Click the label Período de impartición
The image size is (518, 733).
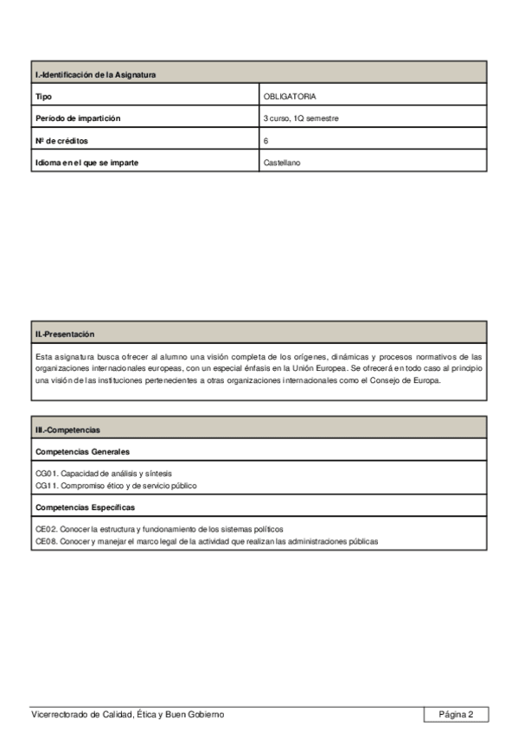78,118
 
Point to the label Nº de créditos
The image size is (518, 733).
62,140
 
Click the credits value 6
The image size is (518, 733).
266,140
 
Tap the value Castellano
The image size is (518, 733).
282,162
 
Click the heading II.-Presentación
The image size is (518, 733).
65,334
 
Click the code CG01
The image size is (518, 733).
46,474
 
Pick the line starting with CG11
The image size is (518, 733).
116,486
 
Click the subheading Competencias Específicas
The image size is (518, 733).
85,507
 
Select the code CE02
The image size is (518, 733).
46,529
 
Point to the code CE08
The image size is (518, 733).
46,541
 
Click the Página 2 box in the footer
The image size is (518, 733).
456,714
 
